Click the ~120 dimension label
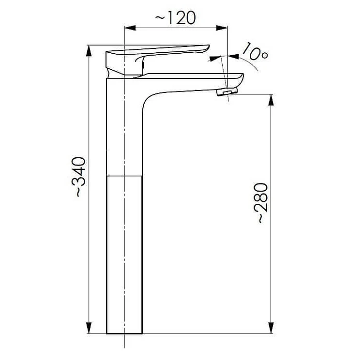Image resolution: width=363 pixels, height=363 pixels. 175,18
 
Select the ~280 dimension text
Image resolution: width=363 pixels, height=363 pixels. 261,203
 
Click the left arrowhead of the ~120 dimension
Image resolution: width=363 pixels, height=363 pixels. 130,28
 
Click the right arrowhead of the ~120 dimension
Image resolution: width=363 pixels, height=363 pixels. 222,28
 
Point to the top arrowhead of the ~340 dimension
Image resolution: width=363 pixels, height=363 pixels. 89,51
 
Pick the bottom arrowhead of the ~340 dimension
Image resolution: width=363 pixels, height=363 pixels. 89,328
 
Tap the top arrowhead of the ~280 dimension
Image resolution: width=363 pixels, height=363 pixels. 271,100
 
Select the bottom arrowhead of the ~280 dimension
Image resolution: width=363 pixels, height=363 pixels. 271,328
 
